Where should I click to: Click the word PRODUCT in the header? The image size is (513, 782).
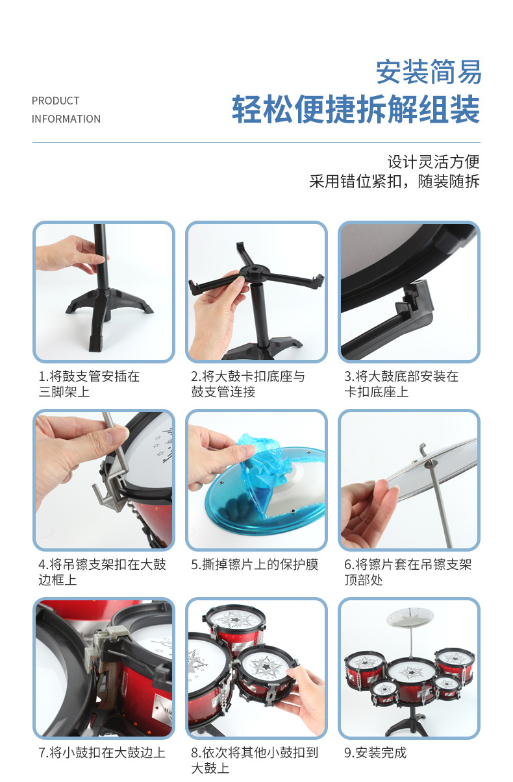pyautogui.click(x=55, y=101)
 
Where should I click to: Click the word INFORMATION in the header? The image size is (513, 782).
pyautogui.click(x=66, y=119)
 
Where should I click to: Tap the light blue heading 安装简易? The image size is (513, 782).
pyautogui.click(x=429, y=71)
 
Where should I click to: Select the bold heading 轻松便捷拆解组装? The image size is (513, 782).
pyautogui.click(x=356, y=108)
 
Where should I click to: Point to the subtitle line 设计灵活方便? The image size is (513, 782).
pyautogui.click(x=433, y=161)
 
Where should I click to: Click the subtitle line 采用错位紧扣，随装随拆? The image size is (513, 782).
pyautogui.click(x=394, y=181)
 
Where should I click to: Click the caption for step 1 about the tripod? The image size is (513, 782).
pyautogui.click(x=88, y=384)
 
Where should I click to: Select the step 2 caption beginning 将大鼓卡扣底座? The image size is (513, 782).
pyautogui.click(x=247, y=384)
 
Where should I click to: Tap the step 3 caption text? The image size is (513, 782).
pyautogui.click(x=401, y=384)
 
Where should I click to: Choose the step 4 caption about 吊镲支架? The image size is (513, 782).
pyautogui.click(x=102, y=572)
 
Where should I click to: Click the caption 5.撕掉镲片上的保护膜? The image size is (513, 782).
pyautogui.click(x=255, y=565)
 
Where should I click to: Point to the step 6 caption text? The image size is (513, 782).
pyautogui.click(x=407, y=572)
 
